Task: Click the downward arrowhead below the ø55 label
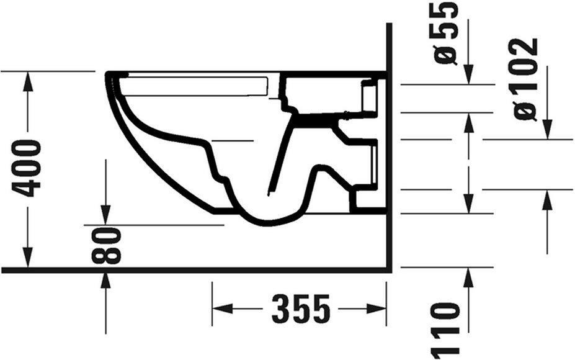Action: tap(469, 74)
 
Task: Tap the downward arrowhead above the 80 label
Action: tap(105, 214)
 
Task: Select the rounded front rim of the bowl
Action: tap(112, 81)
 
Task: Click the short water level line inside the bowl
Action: tap(233, 141)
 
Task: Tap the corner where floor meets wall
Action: tap(387, 270)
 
